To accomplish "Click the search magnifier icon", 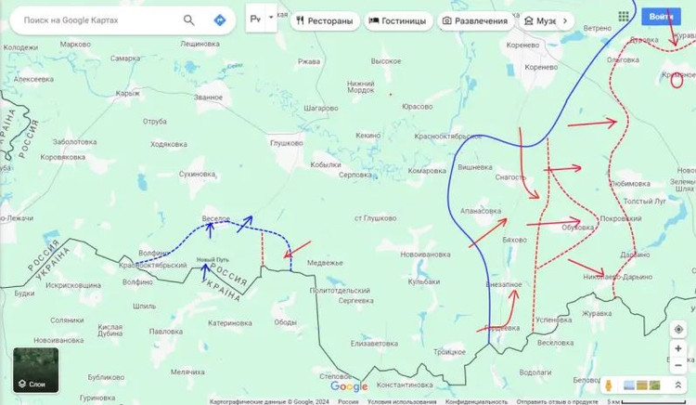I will pos(189,20).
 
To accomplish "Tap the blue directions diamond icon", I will pos(220,20).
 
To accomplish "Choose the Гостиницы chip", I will pos(397,20).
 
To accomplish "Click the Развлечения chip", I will pos(475,20).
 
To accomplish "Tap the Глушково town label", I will pos(287,143).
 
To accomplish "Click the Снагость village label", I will pos(510,176).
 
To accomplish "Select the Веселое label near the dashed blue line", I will pos(216,218).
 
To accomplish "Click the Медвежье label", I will pos(325,263).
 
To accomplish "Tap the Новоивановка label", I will pos(425,254).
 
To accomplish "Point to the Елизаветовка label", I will pos(374,343).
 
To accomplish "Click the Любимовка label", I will pos(630,184).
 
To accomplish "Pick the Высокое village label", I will pos(386,60).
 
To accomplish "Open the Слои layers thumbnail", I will pos(35,370).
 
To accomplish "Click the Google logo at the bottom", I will pos(349,386).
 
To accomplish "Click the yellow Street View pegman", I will pos(609,385).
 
